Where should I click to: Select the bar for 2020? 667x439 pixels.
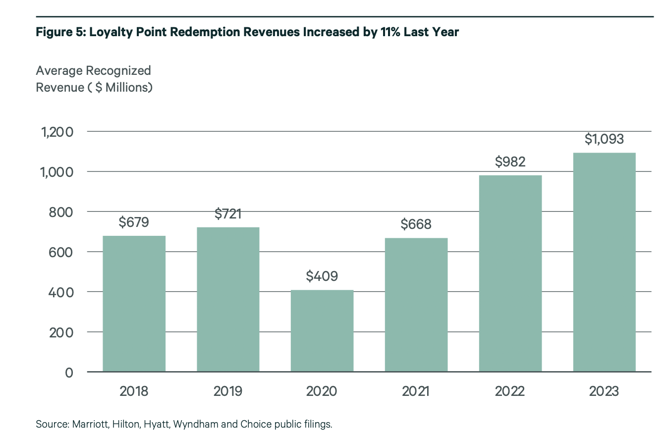[x=322, y=330]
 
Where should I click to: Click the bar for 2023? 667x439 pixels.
[x=604, y=262]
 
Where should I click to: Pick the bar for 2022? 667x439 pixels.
[x=510, y=273]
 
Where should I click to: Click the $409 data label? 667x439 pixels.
[x=322, y=275]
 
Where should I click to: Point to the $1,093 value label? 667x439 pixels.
[x=604, y=139]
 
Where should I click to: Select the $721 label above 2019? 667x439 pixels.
[x=228, y=214]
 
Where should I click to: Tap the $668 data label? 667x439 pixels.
[x=416, y=224]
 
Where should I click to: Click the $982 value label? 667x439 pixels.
[x=510, y=162]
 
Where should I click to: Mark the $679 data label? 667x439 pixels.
[x=134, y=222]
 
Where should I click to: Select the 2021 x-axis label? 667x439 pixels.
[x=416, y=391]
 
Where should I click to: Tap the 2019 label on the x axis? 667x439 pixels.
[x=228, y=391]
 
